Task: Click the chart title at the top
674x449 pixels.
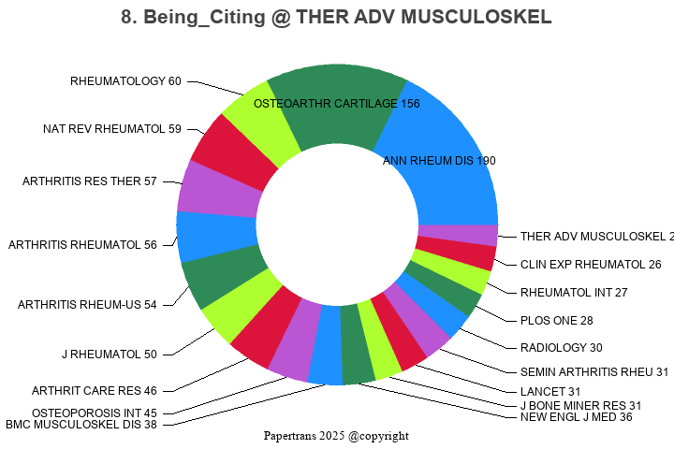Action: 336,17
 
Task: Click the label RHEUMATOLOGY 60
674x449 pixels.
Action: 125,81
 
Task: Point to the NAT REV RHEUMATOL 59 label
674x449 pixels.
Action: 112,129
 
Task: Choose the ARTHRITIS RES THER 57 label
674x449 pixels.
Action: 90,181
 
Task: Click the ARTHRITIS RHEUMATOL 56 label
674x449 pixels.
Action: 82,245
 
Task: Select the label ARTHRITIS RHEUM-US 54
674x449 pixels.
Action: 87,305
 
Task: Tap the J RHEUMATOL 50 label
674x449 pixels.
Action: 110,354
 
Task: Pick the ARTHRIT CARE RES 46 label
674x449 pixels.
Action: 95,390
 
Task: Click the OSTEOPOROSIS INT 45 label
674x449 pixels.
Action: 95,413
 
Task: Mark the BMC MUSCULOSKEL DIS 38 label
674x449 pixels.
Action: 81,424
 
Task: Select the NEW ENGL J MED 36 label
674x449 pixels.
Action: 576,417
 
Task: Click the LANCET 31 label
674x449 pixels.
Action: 550,391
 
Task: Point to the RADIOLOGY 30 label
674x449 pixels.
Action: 561,348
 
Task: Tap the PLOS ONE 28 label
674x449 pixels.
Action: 556,321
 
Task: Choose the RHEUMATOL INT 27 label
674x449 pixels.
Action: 574,293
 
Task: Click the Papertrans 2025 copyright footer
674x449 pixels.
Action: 336,436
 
